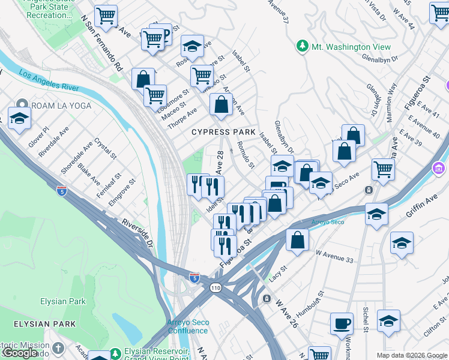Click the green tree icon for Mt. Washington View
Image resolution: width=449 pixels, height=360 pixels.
coord(302,46)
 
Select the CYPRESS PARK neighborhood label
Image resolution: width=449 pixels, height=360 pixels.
coord(223,132)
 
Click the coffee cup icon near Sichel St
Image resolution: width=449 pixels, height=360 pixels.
coord(342,323)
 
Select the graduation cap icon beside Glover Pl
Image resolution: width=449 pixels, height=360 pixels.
coord(19,118)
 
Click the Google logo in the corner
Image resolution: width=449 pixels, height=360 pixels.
coord(20,353)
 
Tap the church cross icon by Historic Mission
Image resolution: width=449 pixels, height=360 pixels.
coord(58,348)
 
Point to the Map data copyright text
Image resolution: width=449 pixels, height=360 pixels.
coord(411,355)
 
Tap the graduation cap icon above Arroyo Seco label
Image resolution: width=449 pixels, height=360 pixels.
coord(376,213)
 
